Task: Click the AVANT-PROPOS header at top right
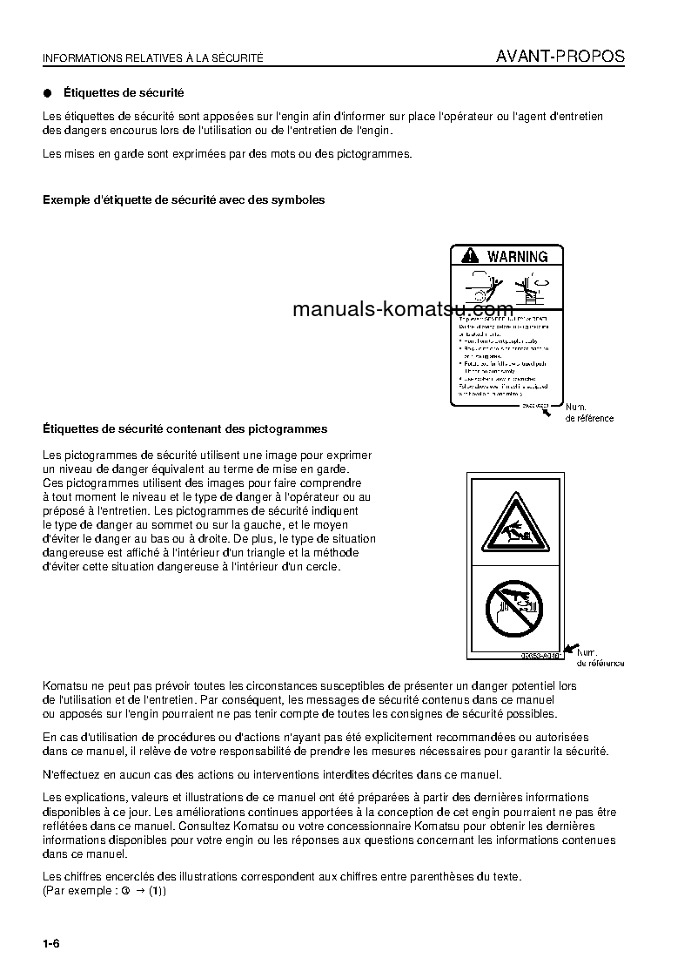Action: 560,57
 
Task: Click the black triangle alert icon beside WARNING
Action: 470,256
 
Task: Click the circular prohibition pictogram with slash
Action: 514,608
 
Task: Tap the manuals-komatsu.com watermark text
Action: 403,309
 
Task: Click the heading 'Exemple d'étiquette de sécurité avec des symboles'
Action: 184,200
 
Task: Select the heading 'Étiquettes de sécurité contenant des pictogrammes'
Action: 184,428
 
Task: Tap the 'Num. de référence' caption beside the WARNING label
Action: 589,413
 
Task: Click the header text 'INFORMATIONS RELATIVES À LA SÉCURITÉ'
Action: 152,58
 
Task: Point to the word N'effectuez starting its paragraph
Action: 70,774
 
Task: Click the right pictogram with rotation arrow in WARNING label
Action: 532,287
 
